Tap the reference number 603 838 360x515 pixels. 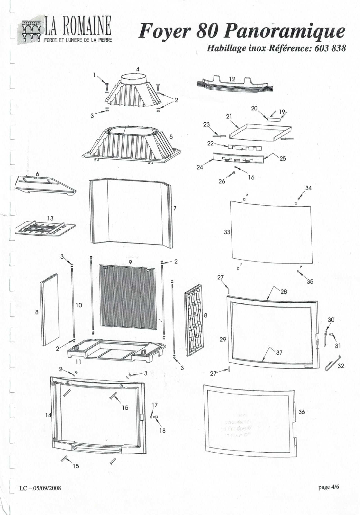point(330,48)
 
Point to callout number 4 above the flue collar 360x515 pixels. point(138,69)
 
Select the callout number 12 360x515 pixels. point(232,79)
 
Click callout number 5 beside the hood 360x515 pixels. point(171,137)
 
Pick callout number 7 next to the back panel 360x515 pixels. point(175,208)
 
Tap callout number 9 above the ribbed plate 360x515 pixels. point(130,262)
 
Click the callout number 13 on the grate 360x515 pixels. point(50,218)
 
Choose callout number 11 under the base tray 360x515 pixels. point(78,362)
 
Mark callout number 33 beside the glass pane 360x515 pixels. point(227,232)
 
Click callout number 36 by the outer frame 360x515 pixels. point(301,412)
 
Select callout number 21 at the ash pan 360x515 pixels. point(229,116)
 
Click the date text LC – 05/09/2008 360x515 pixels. point(40,488)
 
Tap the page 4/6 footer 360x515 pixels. point(329,487)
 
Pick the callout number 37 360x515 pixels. point(279,353)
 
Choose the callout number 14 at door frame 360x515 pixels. point(48,415)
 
